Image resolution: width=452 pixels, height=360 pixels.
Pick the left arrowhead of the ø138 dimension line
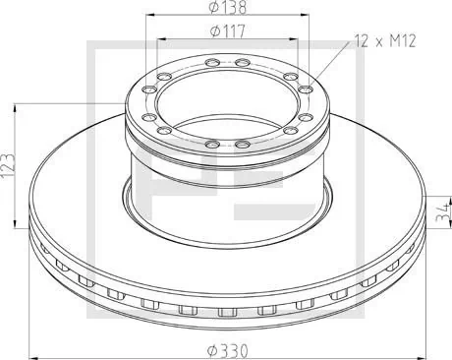[150, 16]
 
